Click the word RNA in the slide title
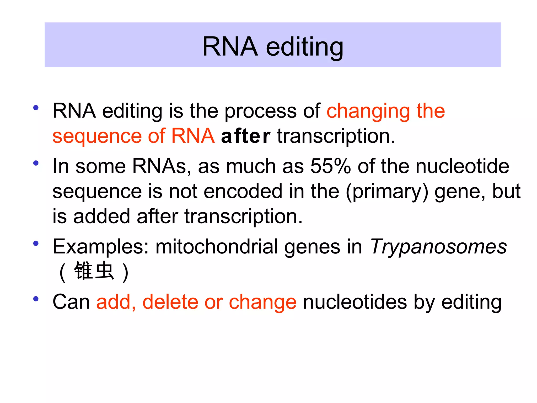tap(230, 46)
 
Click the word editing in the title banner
tap(304, 47)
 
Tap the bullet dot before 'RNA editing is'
tap(36, 108)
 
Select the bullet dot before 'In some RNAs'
tap(36, 163)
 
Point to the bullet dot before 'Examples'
tap(36, 243)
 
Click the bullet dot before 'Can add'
tap(36, 299)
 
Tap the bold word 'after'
tap(245, 136)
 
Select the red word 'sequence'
tap(97, 136)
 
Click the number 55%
tap(330, 166)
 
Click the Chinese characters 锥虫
tap(94, 271)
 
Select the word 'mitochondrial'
tap(217, 247)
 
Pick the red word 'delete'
tap(170, 302)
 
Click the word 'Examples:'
tap(101, 247)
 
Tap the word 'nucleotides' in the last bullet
tap(355, 302)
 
